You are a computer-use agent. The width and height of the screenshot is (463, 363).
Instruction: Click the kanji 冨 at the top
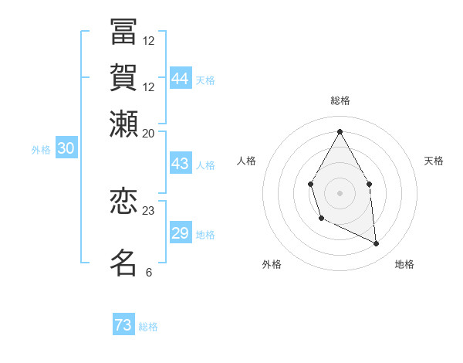click(123, 32)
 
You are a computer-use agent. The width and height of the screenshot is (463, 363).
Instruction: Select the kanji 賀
click(123, 79)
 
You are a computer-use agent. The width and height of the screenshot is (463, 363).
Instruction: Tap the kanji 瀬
click(123, 124)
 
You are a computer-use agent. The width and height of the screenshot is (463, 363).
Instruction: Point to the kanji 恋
click(123, 202)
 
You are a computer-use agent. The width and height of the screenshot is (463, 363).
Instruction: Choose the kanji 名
click(123, 263)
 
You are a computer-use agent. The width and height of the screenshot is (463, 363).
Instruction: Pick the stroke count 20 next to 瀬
click(149, 134)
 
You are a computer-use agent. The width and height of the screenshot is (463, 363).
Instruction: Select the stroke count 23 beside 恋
click(149, 210)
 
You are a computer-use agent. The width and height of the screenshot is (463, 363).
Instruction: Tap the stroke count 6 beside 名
click(148, 272)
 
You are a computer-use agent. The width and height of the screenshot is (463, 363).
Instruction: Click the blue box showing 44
click(181, 79)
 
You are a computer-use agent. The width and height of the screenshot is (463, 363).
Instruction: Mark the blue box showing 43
click(181, 164)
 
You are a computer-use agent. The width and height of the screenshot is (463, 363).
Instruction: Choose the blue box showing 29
click(181, 233)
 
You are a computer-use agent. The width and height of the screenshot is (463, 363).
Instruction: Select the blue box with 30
click(66, 148)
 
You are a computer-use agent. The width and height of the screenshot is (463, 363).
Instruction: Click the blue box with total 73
click(123, 325)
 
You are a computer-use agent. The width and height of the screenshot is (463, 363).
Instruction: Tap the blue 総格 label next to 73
click(149, 327)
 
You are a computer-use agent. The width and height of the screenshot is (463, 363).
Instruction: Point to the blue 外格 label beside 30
click(41, 150)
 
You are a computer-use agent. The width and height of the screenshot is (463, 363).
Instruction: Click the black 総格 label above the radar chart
click(340, 100)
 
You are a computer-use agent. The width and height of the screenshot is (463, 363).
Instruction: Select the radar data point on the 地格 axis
click(377, 244)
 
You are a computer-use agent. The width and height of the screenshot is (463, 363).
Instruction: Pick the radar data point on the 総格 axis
click(340, 131)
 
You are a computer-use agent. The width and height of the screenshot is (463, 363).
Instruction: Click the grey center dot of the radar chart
click(340, 192)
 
